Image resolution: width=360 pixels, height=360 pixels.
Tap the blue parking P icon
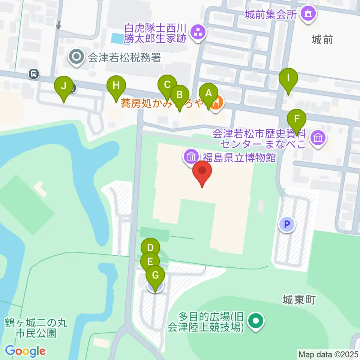point(287,225)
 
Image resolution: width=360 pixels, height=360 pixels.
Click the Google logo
point(25,351)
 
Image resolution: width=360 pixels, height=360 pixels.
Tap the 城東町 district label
point(300,300)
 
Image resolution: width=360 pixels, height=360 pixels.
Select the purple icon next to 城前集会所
point(308,14)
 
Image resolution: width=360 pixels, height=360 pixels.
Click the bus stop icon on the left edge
point(34,74)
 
